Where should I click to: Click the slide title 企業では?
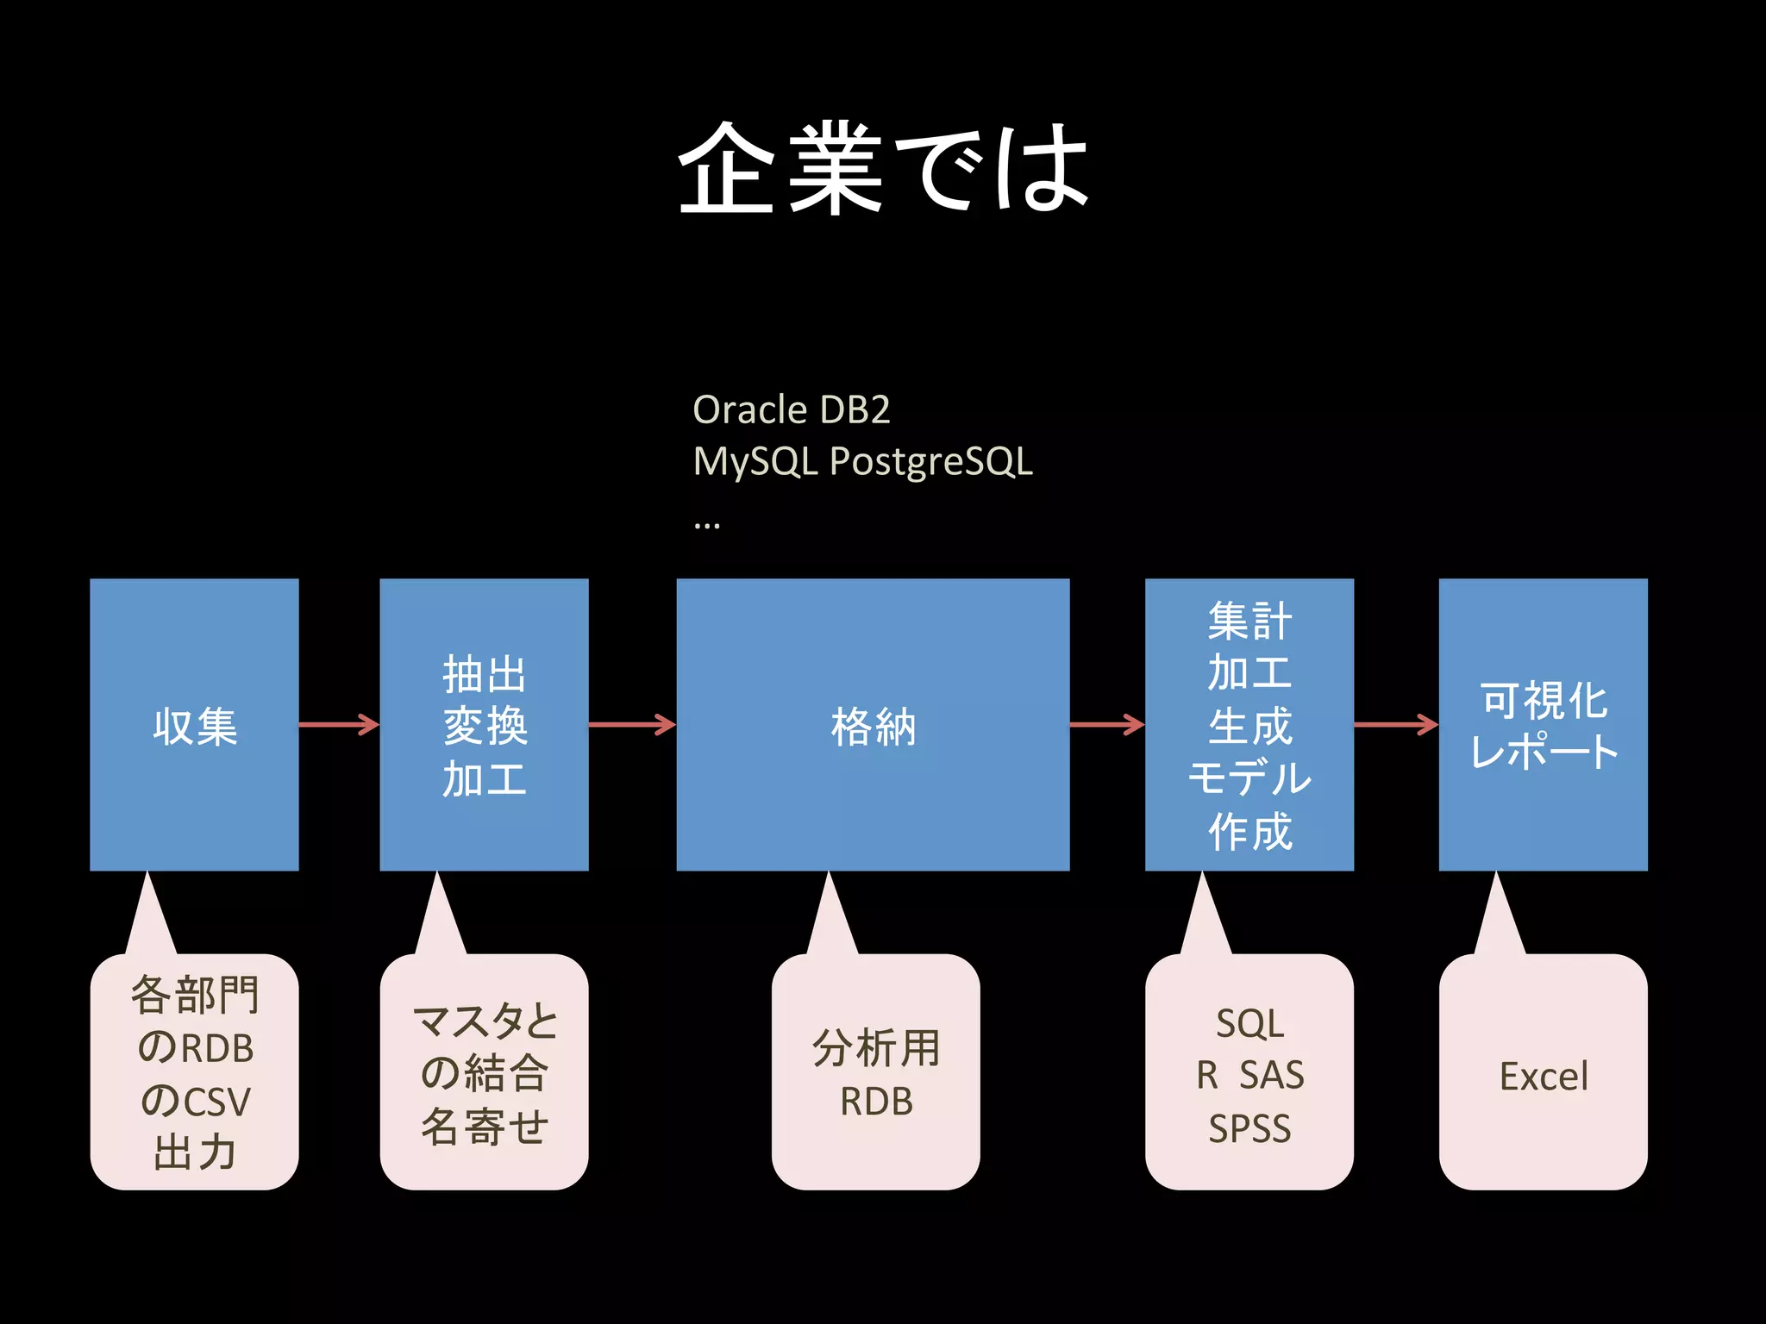883,168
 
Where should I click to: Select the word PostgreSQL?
930,462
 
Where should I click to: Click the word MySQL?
755,462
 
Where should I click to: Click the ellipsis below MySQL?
706,524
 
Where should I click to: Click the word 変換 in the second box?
485,726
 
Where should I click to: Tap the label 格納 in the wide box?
873,726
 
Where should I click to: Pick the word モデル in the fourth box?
1249,778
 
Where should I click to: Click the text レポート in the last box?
1544,752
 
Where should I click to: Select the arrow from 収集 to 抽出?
339,724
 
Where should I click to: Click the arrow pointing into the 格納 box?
632,724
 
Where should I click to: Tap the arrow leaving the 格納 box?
1106,724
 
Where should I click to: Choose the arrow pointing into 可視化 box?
1395,724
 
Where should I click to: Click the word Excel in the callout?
1544,1077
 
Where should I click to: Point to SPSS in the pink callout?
1249,1129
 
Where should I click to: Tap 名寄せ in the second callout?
485,1127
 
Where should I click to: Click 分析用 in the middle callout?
875,1048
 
